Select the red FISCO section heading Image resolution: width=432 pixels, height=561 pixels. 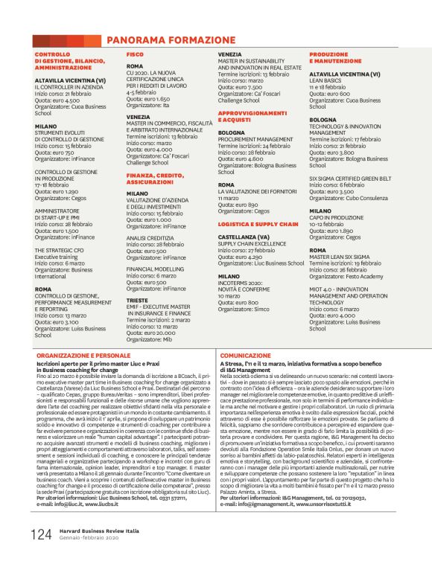click(135, 54)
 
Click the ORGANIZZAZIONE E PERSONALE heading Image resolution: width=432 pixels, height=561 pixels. click(82, 356)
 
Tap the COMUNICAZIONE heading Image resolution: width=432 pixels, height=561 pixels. click(245, 356)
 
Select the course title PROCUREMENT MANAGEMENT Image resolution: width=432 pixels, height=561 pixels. click(255, 139)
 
